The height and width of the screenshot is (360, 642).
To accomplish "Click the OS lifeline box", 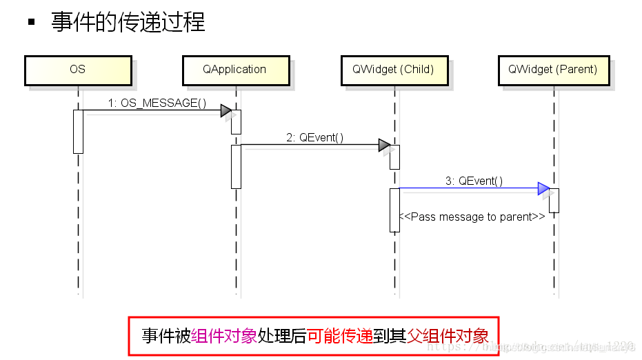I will pos(77,70).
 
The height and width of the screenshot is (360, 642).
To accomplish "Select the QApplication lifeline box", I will pos(234,70).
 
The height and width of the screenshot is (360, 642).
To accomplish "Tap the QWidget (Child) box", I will pos(393,70).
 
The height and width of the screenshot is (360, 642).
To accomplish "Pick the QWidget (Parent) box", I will pos(552,70).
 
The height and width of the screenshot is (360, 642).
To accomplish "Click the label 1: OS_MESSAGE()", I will pos(157,103).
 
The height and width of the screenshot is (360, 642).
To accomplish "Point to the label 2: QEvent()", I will pos(314,137).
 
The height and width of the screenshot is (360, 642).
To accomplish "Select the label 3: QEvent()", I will pos(474,181).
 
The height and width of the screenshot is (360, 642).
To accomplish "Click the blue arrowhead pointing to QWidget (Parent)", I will pos(543,188).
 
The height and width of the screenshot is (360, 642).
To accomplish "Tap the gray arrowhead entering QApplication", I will pos(225,110).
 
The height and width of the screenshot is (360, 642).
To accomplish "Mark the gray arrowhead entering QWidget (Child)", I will pos(384,145).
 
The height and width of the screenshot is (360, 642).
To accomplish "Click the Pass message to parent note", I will pos(474,217).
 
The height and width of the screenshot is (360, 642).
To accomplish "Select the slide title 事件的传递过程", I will pos(128,22).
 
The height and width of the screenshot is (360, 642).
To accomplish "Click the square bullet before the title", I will pos(31,22).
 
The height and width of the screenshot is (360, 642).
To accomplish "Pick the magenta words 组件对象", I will pos(224,336).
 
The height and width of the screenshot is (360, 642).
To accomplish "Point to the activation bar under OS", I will pos(78,131).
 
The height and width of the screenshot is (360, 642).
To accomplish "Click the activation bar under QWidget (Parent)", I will pos(553,200).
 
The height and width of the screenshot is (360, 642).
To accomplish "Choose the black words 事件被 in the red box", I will pos(166,336).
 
